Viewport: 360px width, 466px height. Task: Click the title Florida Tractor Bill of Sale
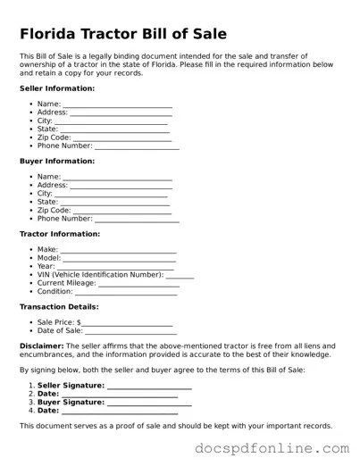[122, 35]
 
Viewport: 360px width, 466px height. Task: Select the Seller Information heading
[57, 88]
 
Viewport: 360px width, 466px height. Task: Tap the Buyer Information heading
[57, 162]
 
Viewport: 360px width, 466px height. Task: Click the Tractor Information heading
[60, 234]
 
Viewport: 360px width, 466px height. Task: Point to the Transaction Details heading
[59, 306]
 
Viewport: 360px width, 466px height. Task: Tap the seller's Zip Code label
[54, 137]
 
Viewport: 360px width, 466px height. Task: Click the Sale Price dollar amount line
[127, 323]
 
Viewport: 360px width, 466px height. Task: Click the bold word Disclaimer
[41, 345]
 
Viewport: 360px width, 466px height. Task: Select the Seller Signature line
[149, 387]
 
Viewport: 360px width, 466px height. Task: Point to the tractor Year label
[46, 266]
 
